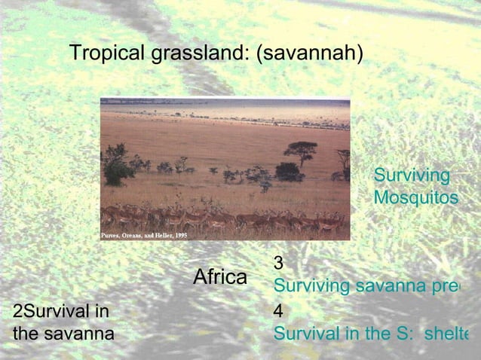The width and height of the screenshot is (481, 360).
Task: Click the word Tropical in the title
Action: tap(103, 53)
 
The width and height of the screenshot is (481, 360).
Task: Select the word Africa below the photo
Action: tap(220, 277)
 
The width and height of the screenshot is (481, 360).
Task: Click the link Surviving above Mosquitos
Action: tap(412, 175)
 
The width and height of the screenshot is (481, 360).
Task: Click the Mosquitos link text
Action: tap(415, 197)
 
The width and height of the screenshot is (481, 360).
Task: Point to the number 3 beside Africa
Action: tap(278, 263)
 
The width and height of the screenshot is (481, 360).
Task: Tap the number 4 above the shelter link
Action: tap(278, 310)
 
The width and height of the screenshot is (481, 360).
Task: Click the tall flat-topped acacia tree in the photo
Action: tap(300, 148)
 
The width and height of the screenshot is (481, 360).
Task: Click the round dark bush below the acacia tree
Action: tap(289, 172)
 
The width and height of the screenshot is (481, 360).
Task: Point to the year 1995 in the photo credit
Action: tap(179, 236)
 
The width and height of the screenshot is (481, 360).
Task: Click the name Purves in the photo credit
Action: tap(112, 236)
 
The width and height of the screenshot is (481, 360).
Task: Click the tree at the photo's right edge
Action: tap(345, 160)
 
